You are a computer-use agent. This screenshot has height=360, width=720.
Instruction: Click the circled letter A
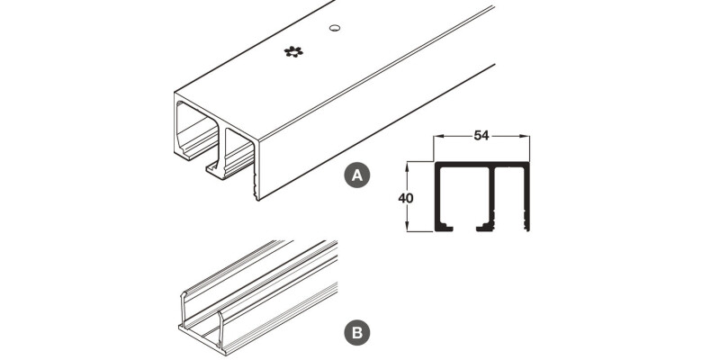click(x=357, y=175)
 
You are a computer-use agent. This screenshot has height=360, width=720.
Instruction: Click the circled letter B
click(x=357, y=332)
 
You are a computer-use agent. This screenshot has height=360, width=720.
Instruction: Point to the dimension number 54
click(x=481, y=136)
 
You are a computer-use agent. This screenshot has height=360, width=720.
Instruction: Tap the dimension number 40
click(x=406, y=198)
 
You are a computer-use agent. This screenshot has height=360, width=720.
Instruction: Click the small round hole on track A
click(x=335, y=28)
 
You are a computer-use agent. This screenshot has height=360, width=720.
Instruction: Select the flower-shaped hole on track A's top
click(x=293, y=51)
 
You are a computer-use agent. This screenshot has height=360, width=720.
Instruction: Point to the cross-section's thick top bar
click(x=481, y=165)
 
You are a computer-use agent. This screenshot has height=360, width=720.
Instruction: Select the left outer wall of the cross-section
click(x=437, y=196)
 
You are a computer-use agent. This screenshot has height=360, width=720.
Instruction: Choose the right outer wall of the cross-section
click(x=526, y=196)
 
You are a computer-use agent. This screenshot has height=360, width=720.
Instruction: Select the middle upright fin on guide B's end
click(x=220, y=328)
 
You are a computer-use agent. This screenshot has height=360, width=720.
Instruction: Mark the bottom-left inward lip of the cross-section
click(x=445, y=227)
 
